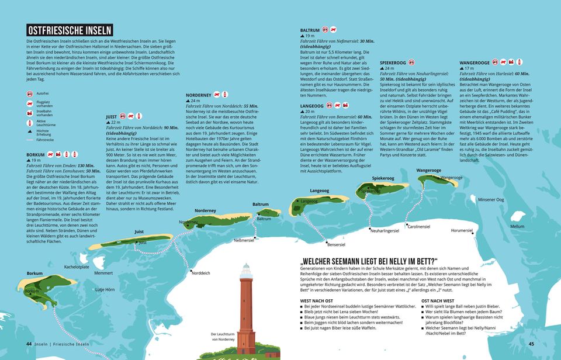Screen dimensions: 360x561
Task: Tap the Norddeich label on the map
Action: pyautogui.click(x=200, y=273)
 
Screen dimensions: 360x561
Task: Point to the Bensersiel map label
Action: pyautogui.click(x=336, y=244)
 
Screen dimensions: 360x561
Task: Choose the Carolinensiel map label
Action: pyautogui.click(x=419, y=226)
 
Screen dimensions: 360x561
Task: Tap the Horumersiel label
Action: pyautogui.click(x=462, y=230)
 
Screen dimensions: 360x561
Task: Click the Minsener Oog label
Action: pyautogui.click(x=491, y=199)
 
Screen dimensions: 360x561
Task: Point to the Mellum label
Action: pyautogui.click(x=517, y=226)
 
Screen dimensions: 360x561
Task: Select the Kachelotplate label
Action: pyautogui.click(x=77, y=266)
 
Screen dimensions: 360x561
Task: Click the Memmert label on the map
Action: pyautogui.click(x=103, y=273)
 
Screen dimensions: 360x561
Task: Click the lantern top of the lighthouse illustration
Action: pyautogui.click(x=246, y=271)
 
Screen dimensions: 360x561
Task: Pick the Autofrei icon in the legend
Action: pyautogui.click(x=29, y=94)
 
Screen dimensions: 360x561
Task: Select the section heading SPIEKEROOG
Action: pyautogui.click(x=393, y=62)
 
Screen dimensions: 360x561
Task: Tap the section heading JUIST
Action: pyautogui.click(x=112, y=116)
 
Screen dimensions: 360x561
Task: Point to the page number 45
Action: pyautogui.click(x=531, y=344)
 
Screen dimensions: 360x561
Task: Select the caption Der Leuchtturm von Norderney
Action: pyautogui.click(x=223, y=337)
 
